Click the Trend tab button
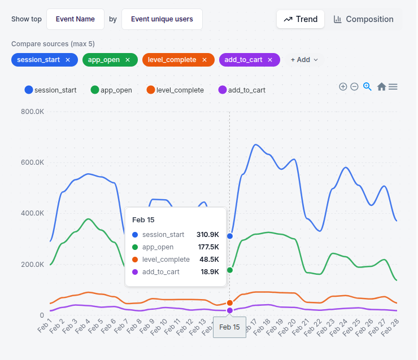(x=300, y=19)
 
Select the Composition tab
(x=363, y=19)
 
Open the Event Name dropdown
(x=75, y=19)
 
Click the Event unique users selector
(x=162, y=19)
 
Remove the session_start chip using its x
(x=68, y=60)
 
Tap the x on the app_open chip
(x=128, y=60)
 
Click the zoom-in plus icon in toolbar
(x=343, y=86)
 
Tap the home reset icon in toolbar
(x=381, y=86)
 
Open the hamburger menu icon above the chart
(x=393, y=86)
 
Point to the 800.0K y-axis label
(x=32, y=112)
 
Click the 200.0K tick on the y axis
(x=32, y=265)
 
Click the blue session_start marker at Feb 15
(x=230, y=236)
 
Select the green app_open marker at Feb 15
(x=230, y=270)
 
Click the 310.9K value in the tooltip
(x=207, y=235)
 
